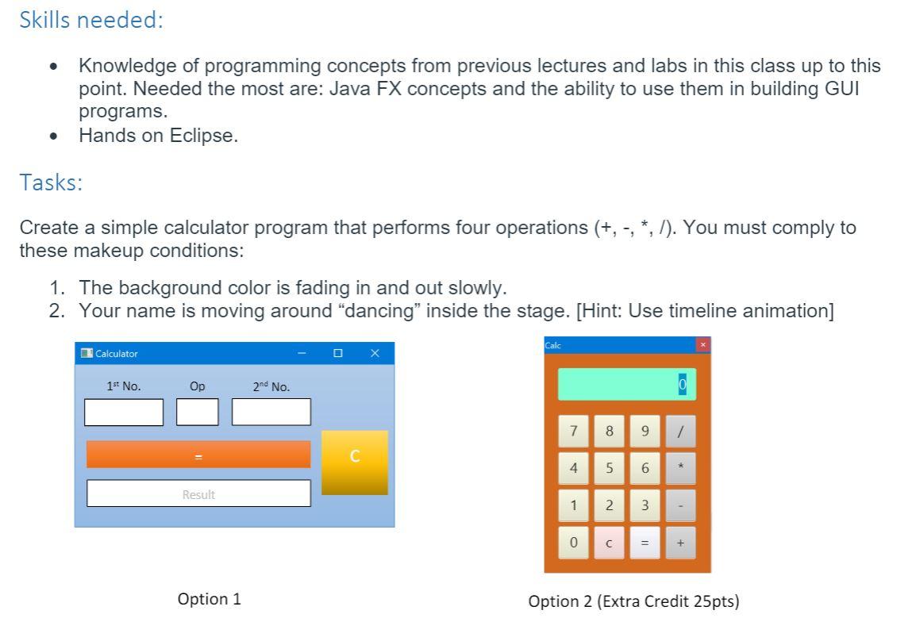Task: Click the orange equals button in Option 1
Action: [x=198, y=455]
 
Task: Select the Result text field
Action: [x=198, y=493]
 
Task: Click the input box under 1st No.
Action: [x=124, y=413]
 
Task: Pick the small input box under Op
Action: [x=197, y=413]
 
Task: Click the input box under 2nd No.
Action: [x=271, y=413]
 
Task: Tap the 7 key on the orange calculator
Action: [x=573, y=432]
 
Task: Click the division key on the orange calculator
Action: [x=680, y=432]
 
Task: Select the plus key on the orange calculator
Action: [x=680, y=543]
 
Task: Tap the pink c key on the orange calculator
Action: [x=609, y=543]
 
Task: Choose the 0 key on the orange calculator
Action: [x=573, y=543]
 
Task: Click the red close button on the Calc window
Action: [x=702, y=344]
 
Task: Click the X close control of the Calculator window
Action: [x=375, y=353]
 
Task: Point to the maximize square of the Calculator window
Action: [x=338, y=353]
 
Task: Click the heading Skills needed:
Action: [x=91, y=20]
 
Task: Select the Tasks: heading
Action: [x=51, y=183]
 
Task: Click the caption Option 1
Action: [x=210, y=599]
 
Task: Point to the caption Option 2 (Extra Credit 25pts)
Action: [x=633, y=601]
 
